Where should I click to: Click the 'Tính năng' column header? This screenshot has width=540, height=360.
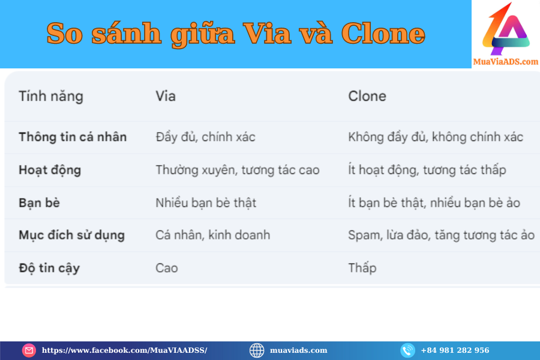click(x=51, y=97)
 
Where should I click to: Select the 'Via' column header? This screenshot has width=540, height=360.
click(x=166, y=96)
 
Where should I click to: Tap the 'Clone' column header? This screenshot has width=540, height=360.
click(x=367, y=96)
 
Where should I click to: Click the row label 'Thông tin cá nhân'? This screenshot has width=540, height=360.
click(x=73, y=137)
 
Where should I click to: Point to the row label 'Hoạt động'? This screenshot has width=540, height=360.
click(x=50, y=170)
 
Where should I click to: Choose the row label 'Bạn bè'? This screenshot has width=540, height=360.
click(x=39, y=203)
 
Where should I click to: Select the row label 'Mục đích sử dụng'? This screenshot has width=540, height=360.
click(x=71, y=235)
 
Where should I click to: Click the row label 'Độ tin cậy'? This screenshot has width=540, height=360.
click(x=49, y=268)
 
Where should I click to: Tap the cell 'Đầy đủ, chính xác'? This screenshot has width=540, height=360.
click(x=206, y=137)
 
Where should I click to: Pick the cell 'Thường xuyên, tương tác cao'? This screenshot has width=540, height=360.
click(x=238, y=170)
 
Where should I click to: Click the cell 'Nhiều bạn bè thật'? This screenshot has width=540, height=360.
click(x=206, y=203)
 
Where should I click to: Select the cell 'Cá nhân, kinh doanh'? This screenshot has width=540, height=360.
click(x=213, y=235)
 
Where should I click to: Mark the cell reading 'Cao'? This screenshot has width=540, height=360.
click(x=167, y=268)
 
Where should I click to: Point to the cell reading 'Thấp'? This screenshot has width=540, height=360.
click(x=362, y=268)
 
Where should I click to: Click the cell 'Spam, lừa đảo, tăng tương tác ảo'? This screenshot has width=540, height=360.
click(x=441, y=235)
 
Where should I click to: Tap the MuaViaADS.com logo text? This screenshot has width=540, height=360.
click(x=506, y=62)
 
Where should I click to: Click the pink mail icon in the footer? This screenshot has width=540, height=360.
click(x=29, y=350)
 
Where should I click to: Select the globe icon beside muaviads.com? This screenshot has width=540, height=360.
click(x=257, y=350)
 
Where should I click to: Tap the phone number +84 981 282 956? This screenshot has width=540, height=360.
click(x=455, y=350)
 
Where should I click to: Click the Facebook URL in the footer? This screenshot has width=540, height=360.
click(x=124, y=350)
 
